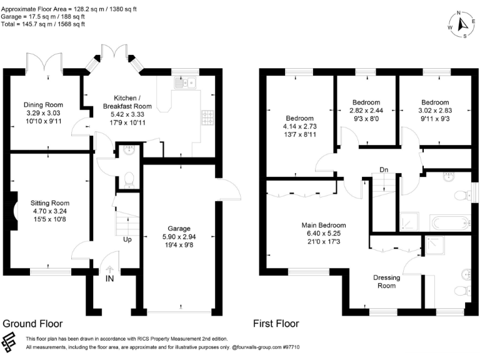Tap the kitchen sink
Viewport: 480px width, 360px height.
(185, 82)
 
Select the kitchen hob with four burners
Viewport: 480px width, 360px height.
(208, 118)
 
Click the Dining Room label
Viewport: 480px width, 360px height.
(44, 105)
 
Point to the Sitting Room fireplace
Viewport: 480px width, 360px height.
(14, 211)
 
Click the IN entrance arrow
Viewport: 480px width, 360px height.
(109, 269)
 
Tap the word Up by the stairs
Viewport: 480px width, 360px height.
(127, 239)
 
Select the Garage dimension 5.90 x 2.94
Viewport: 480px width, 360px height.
(179, 237)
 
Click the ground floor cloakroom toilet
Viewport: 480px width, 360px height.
(129, 180)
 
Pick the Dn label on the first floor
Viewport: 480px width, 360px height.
(384, 169)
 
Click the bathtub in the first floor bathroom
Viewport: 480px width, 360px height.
(450, 223)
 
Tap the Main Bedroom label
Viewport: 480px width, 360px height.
(324, 225)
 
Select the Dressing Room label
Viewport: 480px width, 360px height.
(387, 282)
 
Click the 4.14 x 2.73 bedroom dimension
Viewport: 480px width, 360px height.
(300, 126)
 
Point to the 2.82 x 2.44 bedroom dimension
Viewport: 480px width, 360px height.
(366, 111)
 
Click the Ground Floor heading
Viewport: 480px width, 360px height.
(32, 324)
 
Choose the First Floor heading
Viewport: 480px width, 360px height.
(276, 324)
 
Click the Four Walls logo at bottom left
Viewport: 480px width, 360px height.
(9, 342)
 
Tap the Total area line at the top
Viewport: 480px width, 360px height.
(43, 24)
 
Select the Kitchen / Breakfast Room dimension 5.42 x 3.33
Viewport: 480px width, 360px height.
(127, 114)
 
